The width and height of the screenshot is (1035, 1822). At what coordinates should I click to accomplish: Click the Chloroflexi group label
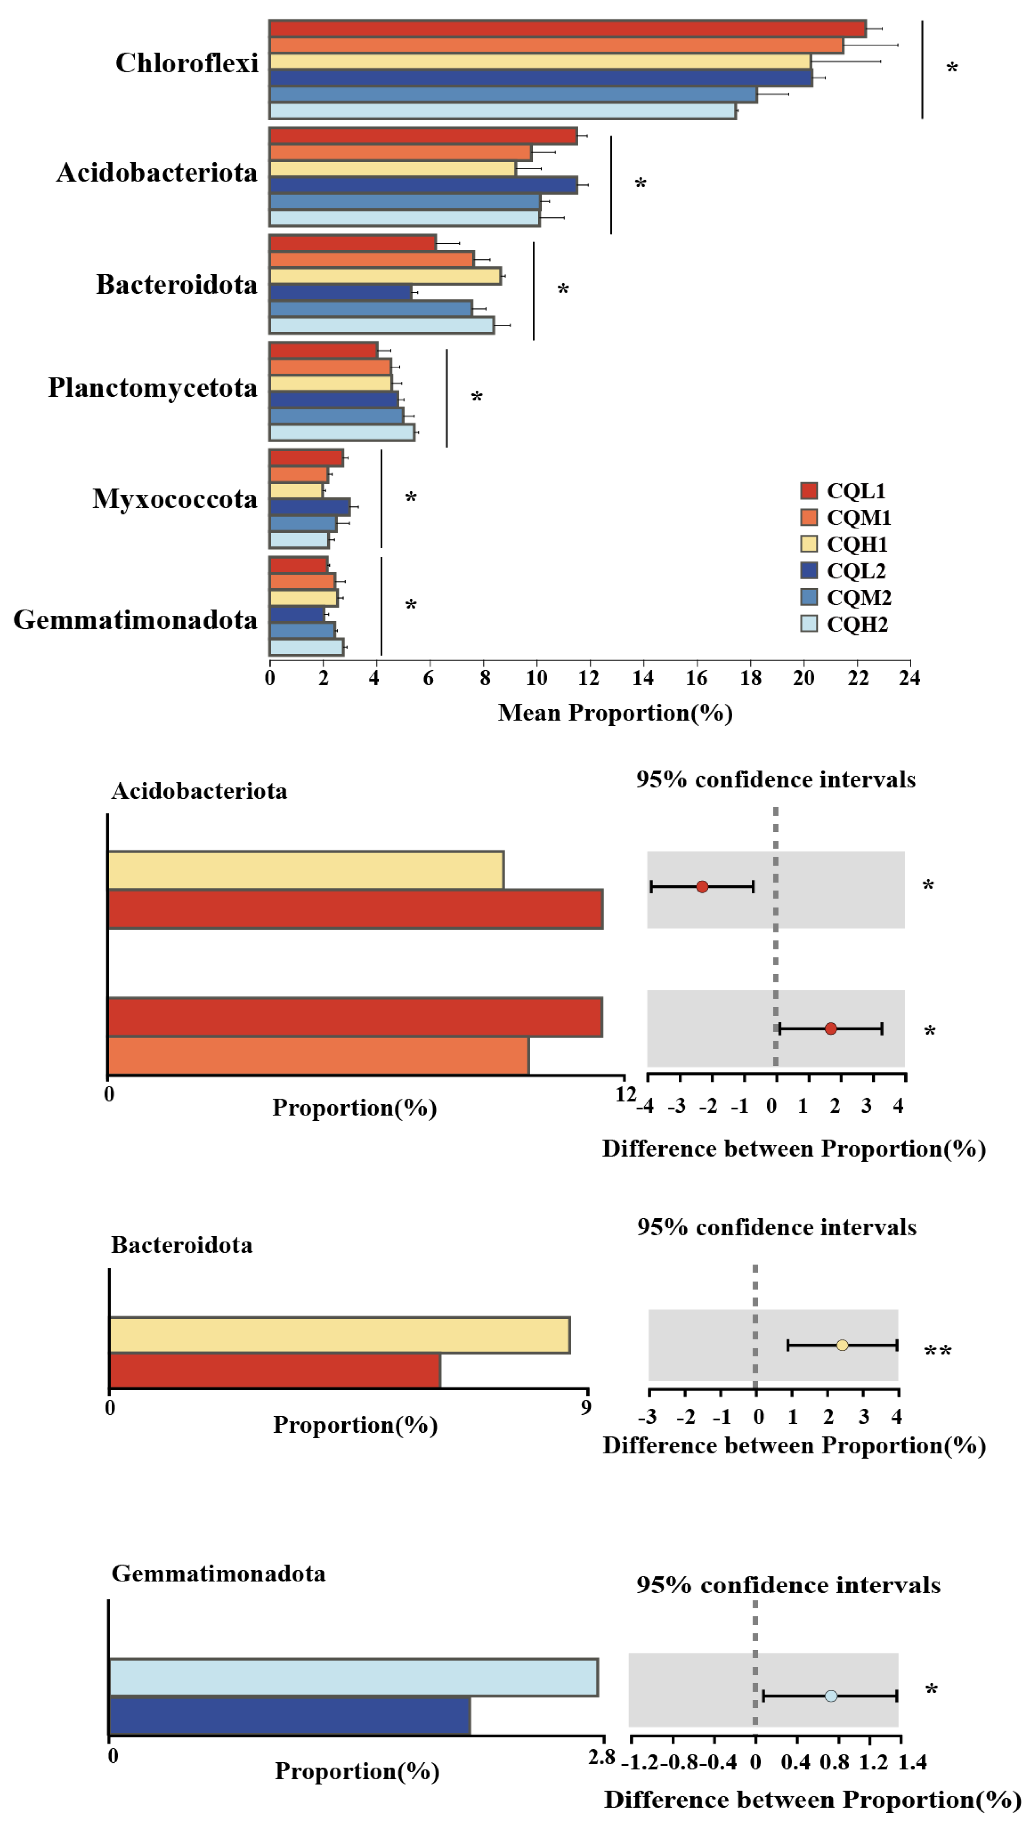[187, 63]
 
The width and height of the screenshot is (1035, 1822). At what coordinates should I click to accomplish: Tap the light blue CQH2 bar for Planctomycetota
[341, 432]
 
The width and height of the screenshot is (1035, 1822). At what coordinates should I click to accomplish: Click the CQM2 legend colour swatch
[808, 597]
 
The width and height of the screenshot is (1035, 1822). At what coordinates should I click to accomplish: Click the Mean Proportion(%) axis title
[615, 713]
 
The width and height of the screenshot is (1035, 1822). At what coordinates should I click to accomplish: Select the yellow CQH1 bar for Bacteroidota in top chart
[385, 276]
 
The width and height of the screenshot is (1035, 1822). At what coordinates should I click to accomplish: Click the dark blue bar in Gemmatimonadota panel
[290, 1715]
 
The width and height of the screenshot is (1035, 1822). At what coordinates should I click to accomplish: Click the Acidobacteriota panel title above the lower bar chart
[199, 791]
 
